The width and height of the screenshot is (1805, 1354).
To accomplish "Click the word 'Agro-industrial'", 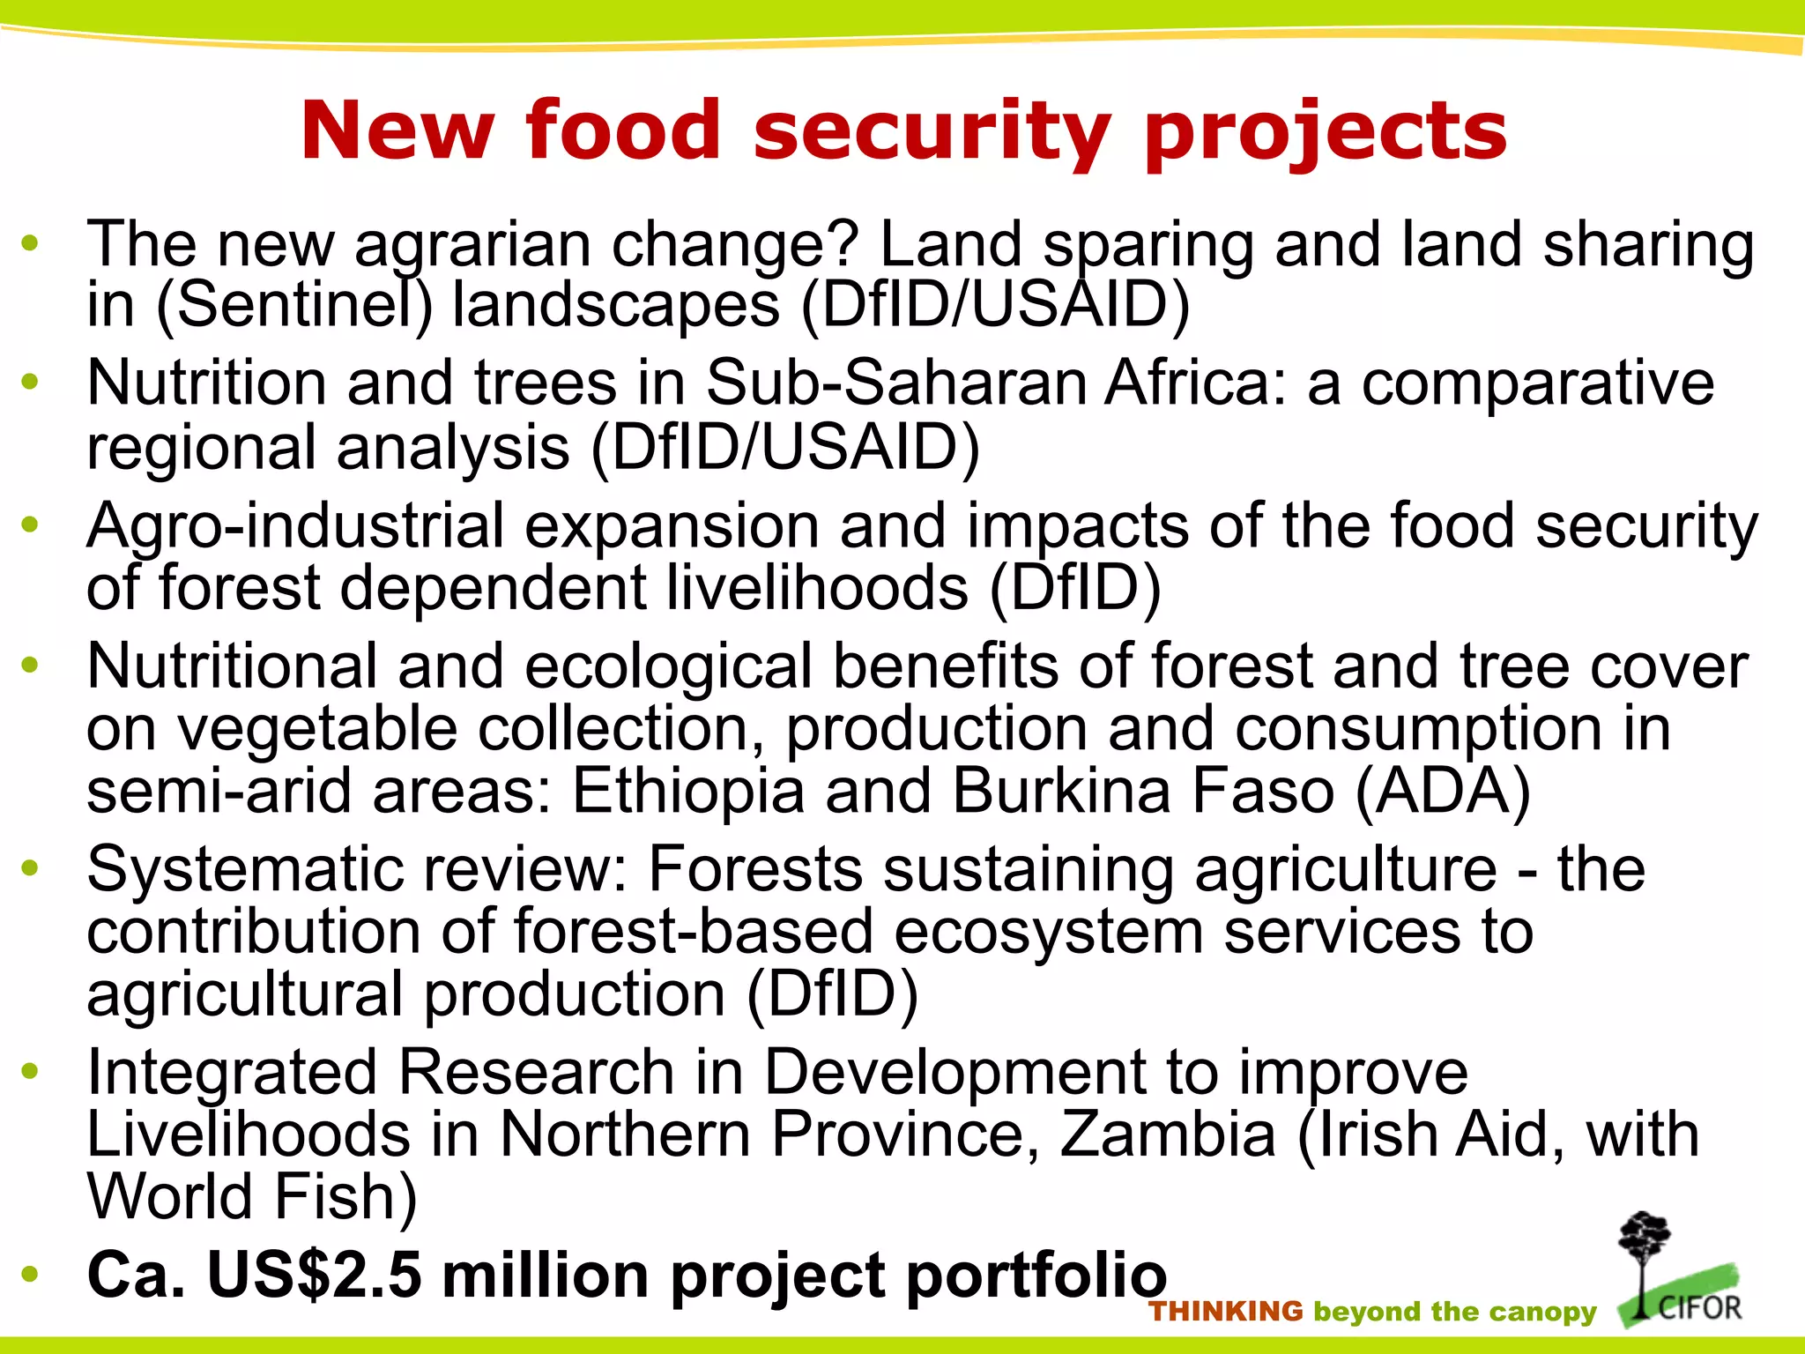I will [x=295, y=526].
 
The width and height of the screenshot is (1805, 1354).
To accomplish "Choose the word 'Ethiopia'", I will [x=688, y=791].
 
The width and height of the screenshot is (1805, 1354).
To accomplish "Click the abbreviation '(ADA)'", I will [x=1442, y=791].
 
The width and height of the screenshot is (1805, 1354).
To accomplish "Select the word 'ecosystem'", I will [x=1048, y=932].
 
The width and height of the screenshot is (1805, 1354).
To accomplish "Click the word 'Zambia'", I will [x=1168, y=1135].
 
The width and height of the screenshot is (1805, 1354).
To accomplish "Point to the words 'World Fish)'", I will [x=252, y=1197].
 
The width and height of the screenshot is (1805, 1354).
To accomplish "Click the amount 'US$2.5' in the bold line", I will [x=314, y=1276].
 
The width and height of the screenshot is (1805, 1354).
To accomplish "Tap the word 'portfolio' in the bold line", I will [x=1036, y=1276].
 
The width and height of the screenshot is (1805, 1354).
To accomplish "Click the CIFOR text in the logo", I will [x=1700, y=1306].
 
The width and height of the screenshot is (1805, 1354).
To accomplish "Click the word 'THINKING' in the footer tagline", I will [x=1226, y=1312].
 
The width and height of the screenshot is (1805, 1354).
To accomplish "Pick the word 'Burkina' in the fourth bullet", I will [x=1061, y=791].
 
